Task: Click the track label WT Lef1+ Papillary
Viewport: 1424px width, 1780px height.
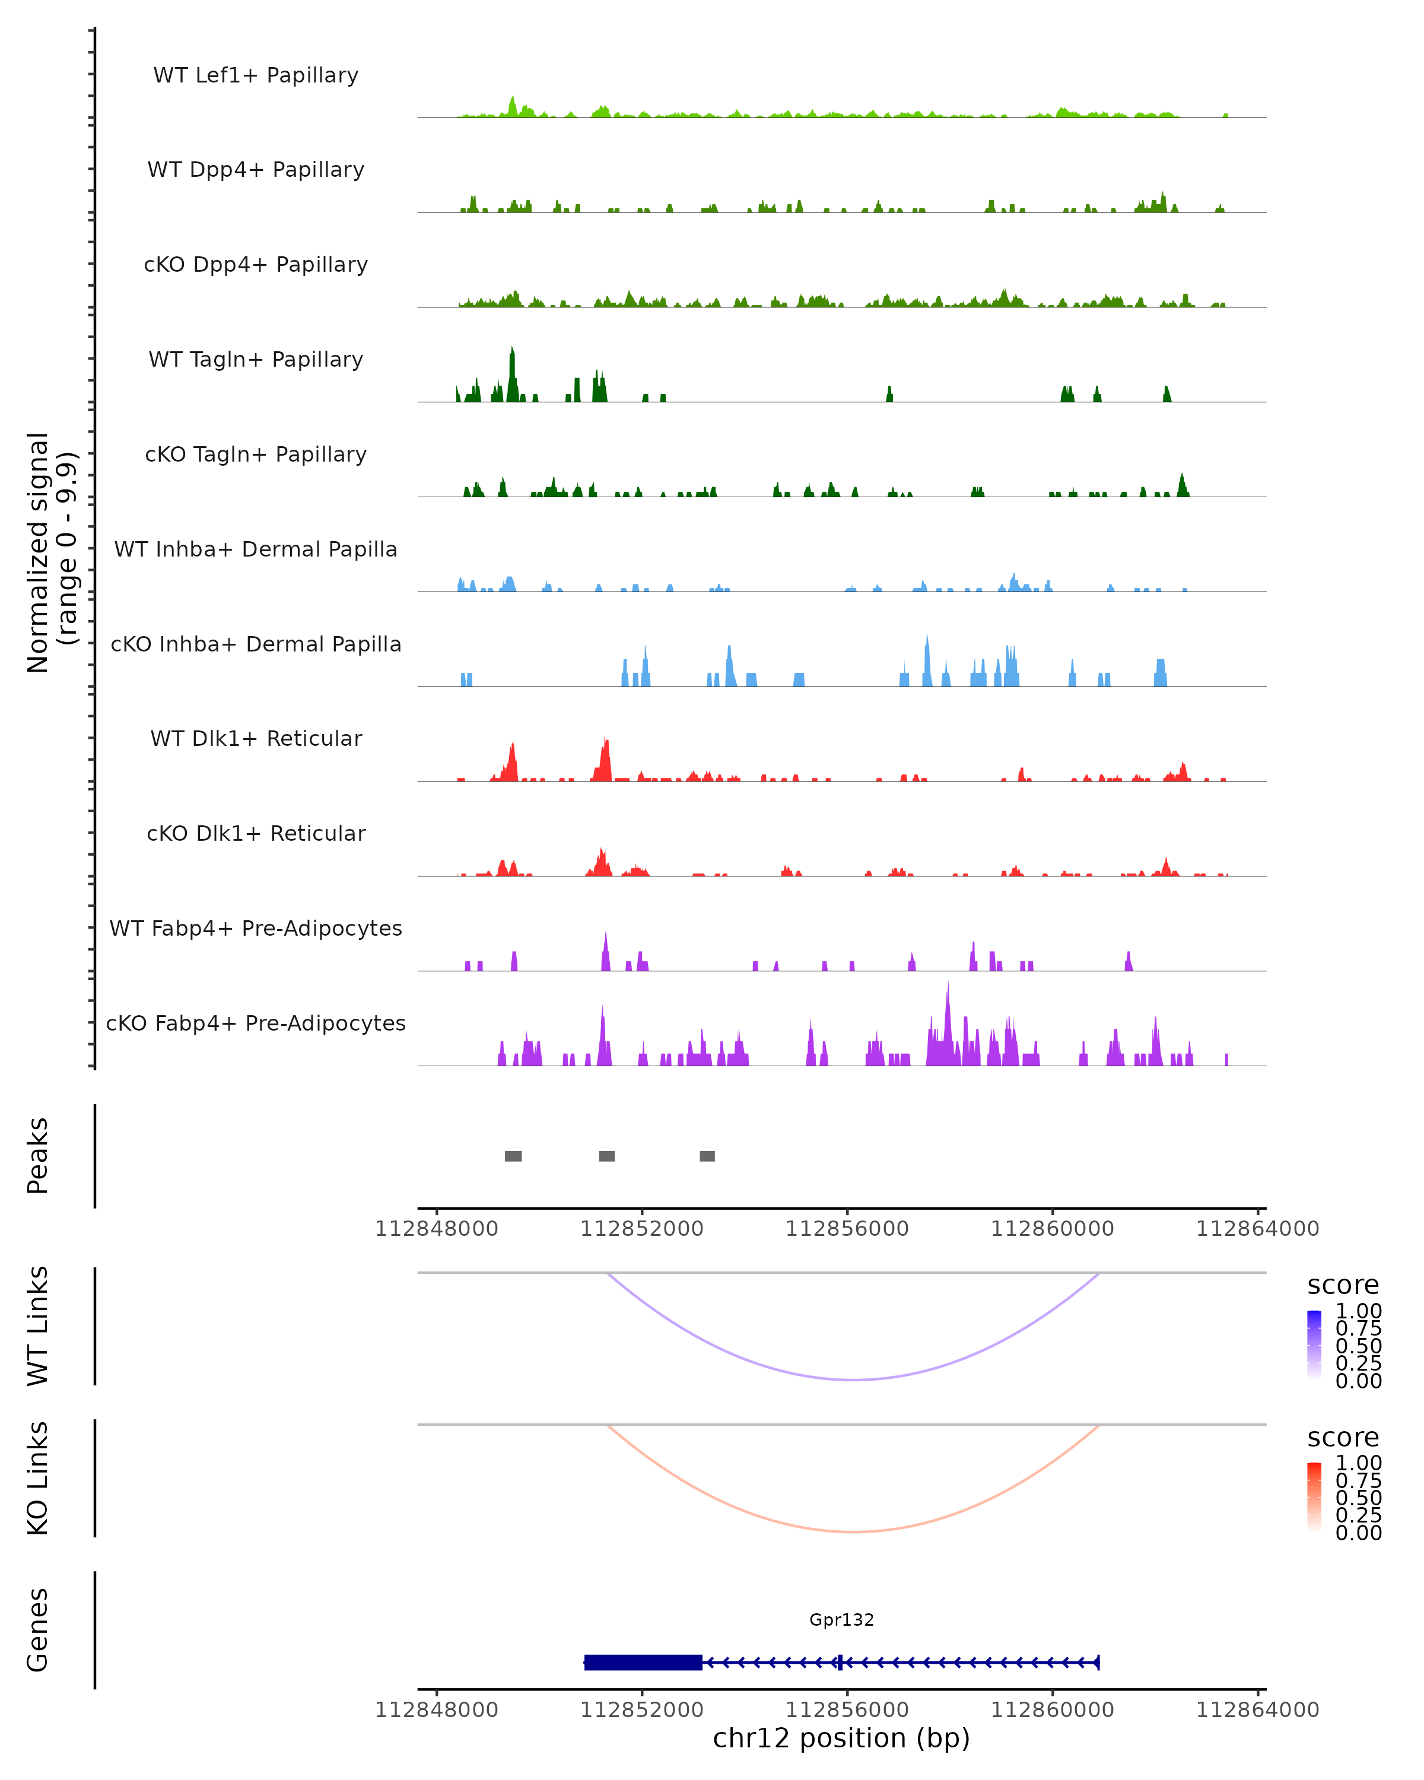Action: pyautogui.click(x=256, y=75)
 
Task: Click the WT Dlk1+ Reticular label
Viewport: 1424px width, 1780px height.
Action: pyautogui.click(x=256, y=738)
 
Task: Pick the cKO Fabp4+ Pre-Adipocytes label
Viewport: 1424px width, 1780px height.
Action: pyautogui.click(x=256, y=1023)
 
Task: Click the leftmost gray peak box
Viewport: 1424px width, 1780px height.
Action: pyautogui.click(x=513, y=1156)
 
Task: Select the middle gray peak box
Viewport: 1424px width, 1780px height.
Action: pyautogui.click(x=607, y=1156)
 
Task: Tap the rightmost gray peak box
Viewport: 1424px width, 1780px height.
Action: pyautogui.click(x=707, y=1156)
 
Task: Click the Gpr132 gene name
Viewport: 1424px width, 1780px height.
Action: pyautogui.click(x=841, y=1620)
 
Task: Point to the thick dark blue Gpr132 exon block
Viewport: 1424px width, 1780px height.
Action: pyautogui.click(x=643, y=1663)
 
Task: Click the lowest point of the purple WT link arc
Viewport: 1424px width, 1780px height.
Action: pyautogui.click(x=854, y=1379)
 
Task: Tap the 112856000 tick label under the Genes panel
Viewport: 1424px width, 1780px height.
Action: pyautogui.click(x=847, y=1710)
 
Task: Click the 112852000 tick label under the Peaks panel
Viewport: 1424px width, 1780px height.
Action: pyautogui.click(x=641, y=1229)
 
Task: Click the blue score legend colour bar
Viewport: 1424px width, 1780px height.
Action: pyautogui.click(x=1314, y=1344)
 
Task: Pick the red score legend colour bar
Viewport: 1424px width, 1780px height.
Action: pyautogui.click(x=1314, y=1497)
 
